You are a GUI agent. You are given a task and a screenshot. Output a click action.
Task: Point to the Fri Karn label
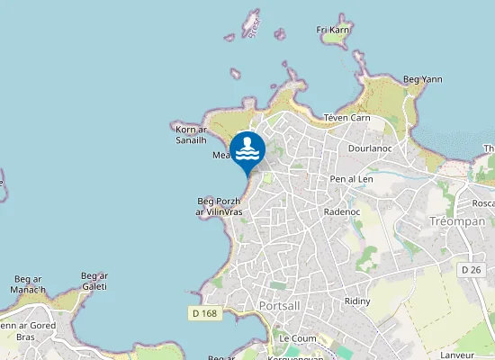pyautogui.click(x=332, y=30)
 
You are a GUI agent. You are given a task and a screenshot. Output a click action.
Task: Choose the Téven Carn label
pyautogui.click(x=346, y=118)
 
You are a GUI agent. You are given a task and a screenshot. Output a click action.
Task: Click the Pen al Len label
pyautogui.click(x=351, y=179)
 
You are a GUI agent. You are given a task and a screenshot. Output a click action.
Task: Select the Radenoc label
pyautogui.click(x=341, y=212)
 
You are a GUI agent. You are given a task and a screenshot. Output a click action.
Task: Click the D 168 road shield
pyautogui.click(x=204, y=313)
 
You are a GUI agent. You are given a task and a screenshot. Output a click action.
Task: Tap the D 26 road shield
pyautogui.click(x=470, y=269)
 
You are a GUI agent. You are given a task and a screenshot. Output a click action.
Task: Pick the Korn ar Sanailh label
pyautogui.click(x=191, y=135)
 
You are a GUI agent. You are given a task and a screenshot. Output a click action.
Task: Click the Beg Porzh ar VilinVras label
pyautogui.click(x=220, y=206)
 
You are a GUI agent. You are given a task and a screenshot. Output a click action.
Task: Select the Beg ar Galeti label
pyautogui.click(x=94, y=281)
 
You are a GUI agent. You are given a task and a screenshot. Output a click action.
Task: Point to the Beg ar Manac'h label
pyautogui.click(x=28, y=285)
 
